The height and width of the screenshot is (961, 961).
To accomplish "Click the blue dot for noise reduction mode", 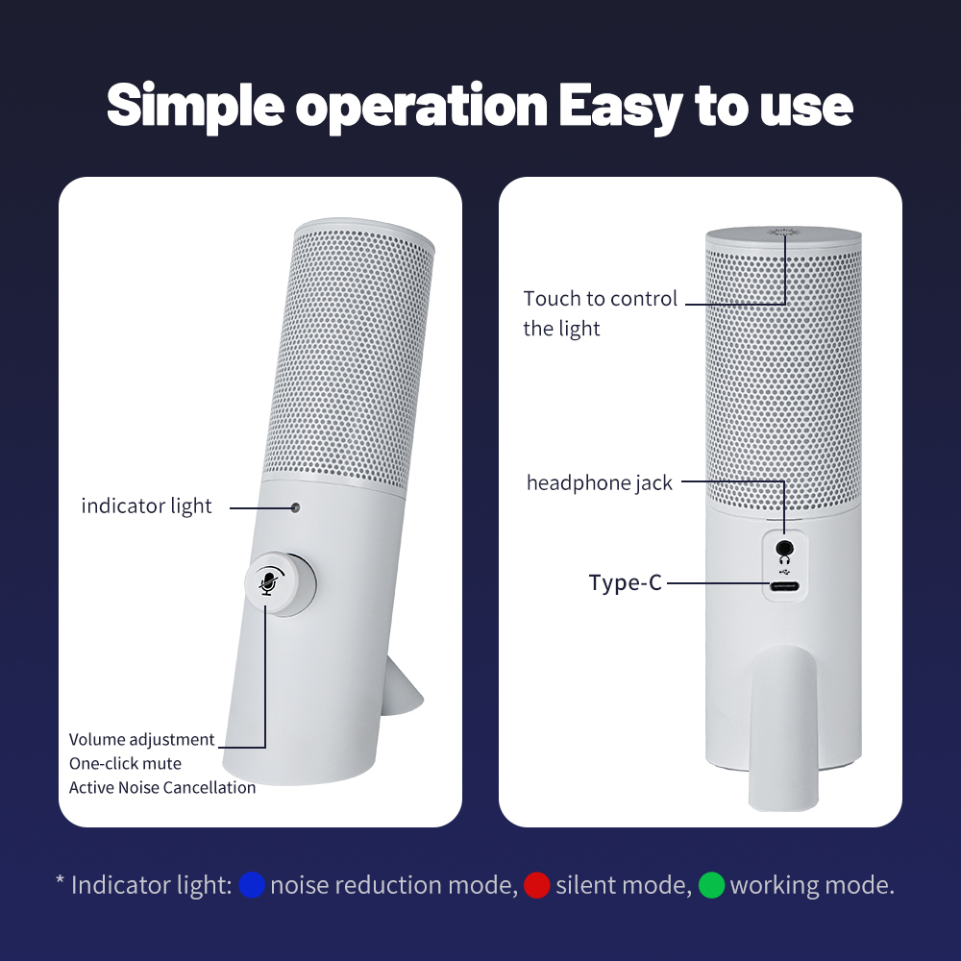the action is click(x=251, y=885).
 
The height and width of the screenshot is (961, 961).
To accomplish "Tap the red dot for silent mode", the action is click(x=537, y=885).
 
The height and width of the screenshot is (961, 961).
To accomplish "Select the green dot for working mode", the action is click(x=711, y=885).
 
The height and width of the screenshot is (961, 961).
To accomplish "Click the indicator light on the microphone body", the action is click(x=295, y=507).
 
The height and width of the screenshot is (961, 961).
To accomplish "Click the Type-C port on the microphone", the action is click(x=784, y=586).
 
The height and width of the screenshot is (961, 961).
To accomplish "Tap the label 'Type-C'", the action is click(x=626, y=582).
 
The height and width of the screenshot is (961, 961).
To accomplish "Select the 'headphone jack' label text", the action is click(x=600, y=483).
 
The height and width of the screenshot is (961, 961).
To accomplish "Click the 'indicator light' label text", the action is click(x=146, y=506).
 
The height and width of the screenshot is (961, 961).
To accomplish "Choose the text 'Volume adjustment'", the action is click(x=141, y=740).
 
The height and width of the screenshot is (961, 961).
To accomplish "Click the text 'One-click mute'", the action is click(x=125, y=764).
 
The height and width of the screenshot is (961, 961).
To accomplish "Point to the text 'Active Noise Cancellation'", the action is click(x=162, y=788).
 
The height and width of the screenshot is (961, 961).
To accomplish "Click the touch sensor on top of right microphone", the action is click(x=782, y=233).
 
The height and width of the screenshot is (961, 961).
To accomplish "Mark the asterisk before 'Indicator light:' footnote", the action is click(x=60, y=880).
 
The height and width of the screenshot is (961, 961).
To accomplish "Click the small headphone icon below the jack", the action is click(x=784, y=559).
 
